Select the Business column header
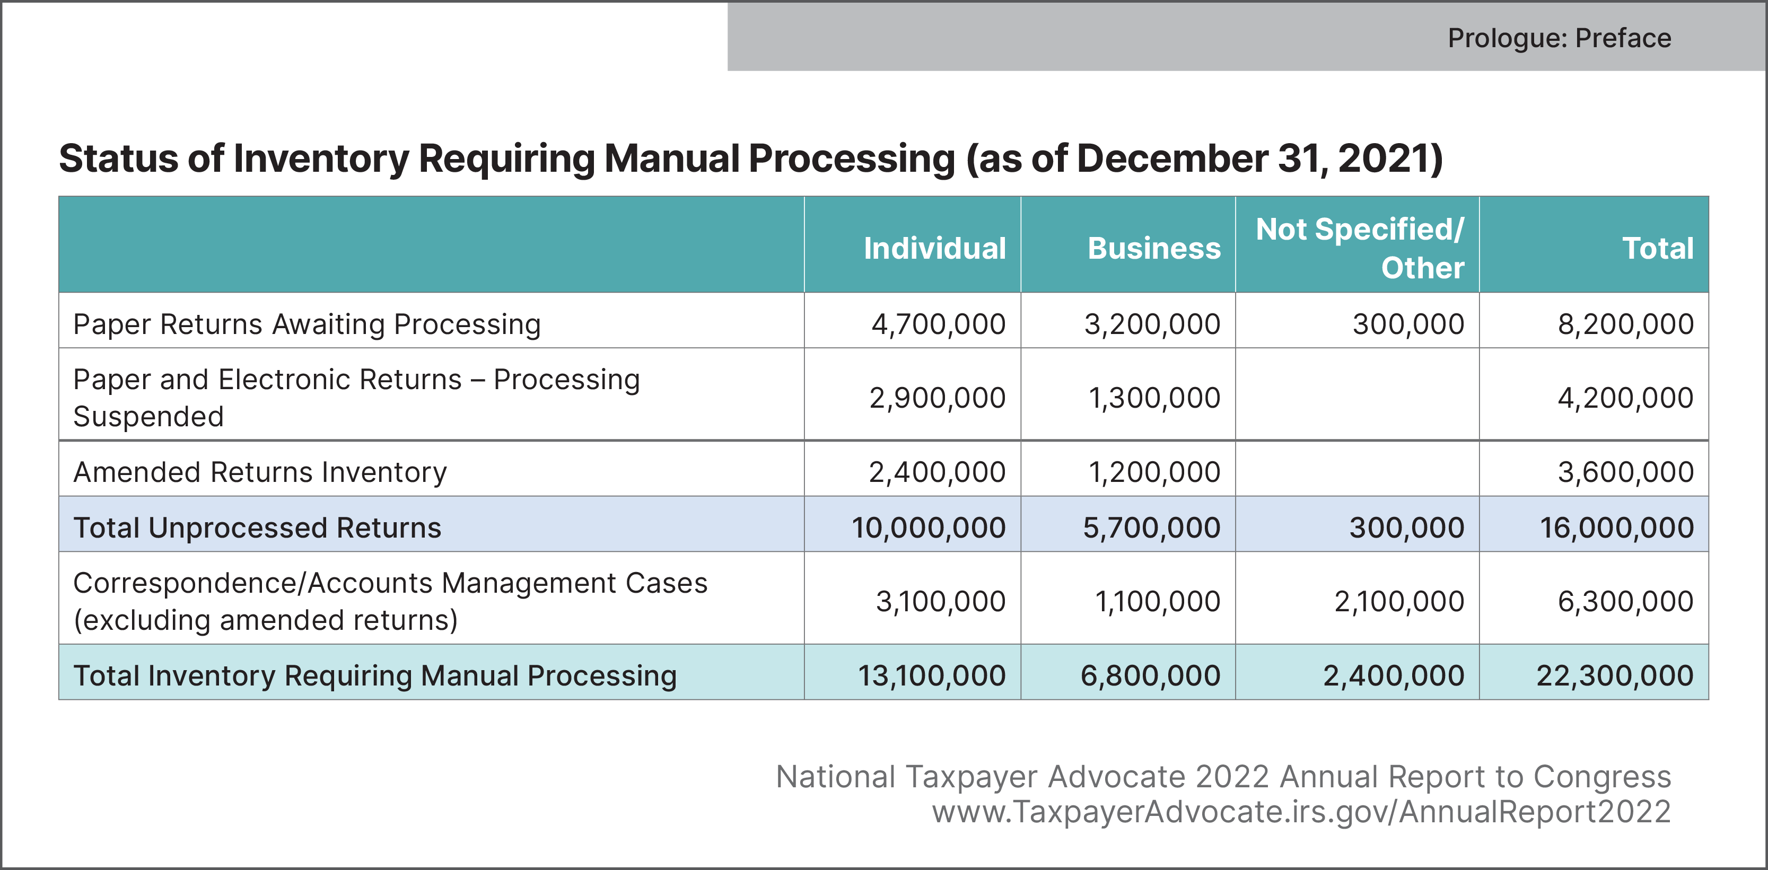[1154, 248]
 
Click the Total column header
[1658, 248]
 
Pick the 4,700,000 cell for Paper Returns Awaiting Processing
[938, 324]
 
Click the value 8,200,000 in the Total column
[1625, 324]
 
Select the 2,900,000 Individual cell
[937, 398]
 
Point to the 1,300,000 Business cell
[1154, 398]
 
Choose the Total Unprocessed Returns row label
[257, 528]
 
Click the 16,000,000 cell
[1616, 528]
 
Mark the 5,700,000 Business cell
[1152, 528]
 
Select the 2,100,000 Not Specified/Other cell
[1399, 602]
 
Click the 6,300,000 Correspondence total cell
[1625, 602]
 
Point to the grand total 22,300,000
[1614, 676]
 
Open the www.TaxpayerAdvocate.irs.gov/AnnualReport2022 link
[1301, 812]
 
